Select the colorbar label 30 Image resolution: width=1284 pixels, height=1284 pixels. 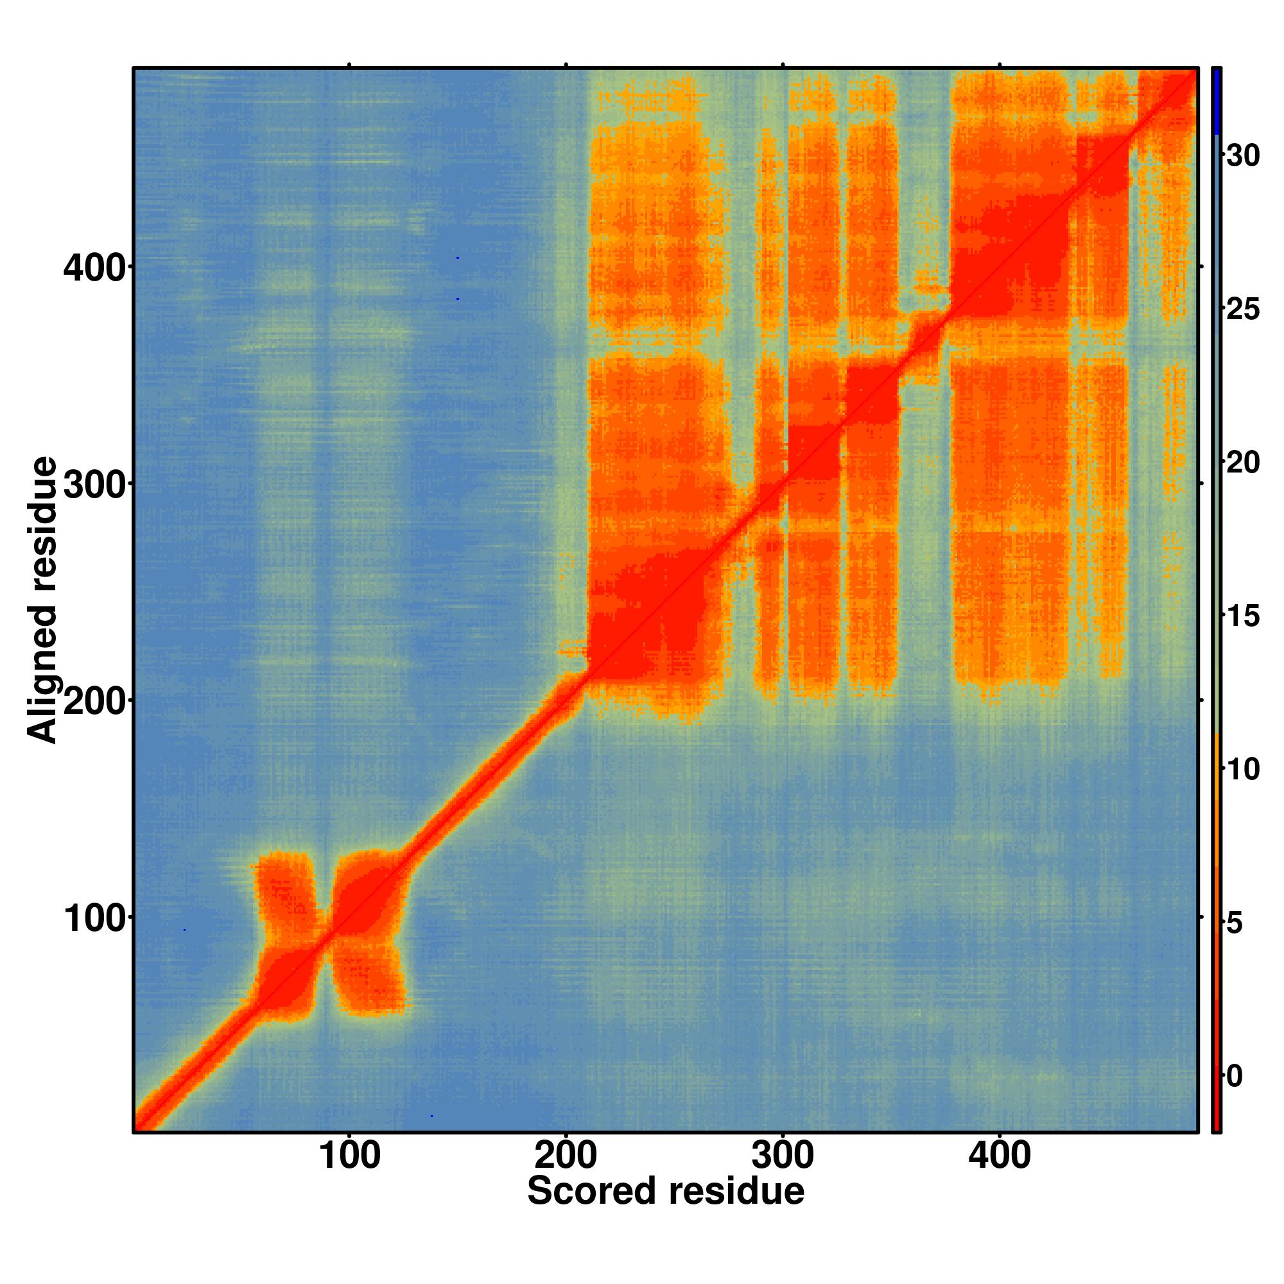(x=1243, y=156)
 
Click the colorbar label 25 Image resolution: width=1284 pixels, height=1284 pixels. (x=1243, y=309)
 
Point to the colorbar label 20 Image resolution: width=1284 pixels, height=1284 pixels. (x=1243, y=464)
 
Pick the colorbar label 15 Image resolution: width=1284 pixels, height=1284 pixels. (x=1243, y=617)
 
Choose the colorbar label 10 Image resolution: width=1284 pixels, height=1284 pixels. (x=1243, y=770)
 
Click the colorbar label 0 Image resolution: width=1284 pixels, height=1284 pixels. (x=1235, y=1077)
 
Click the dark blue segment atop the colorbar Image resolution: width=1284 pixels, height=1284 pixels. (x=1216, y=100)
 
